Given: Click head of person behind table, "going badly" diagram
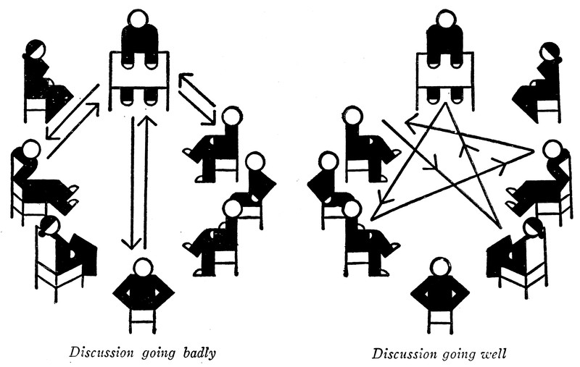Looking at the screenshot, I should [138, 17].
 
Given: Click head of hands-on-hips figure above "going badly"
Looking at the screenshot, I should [144, 267].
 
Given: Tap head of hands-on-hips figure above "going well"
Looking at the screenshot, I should [440, 267].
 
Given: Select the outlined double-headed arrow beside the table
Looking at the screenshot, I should [197, 97].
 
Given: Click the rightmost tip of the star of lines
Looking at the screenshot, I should [533, 151].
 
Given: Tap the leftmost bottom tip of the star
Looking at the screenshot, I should [372, 217].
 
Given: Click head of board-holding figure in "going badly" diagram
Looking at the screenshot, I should [48, 226].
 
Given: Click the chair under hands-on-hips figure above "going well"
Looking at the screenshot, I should [440, 319].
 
